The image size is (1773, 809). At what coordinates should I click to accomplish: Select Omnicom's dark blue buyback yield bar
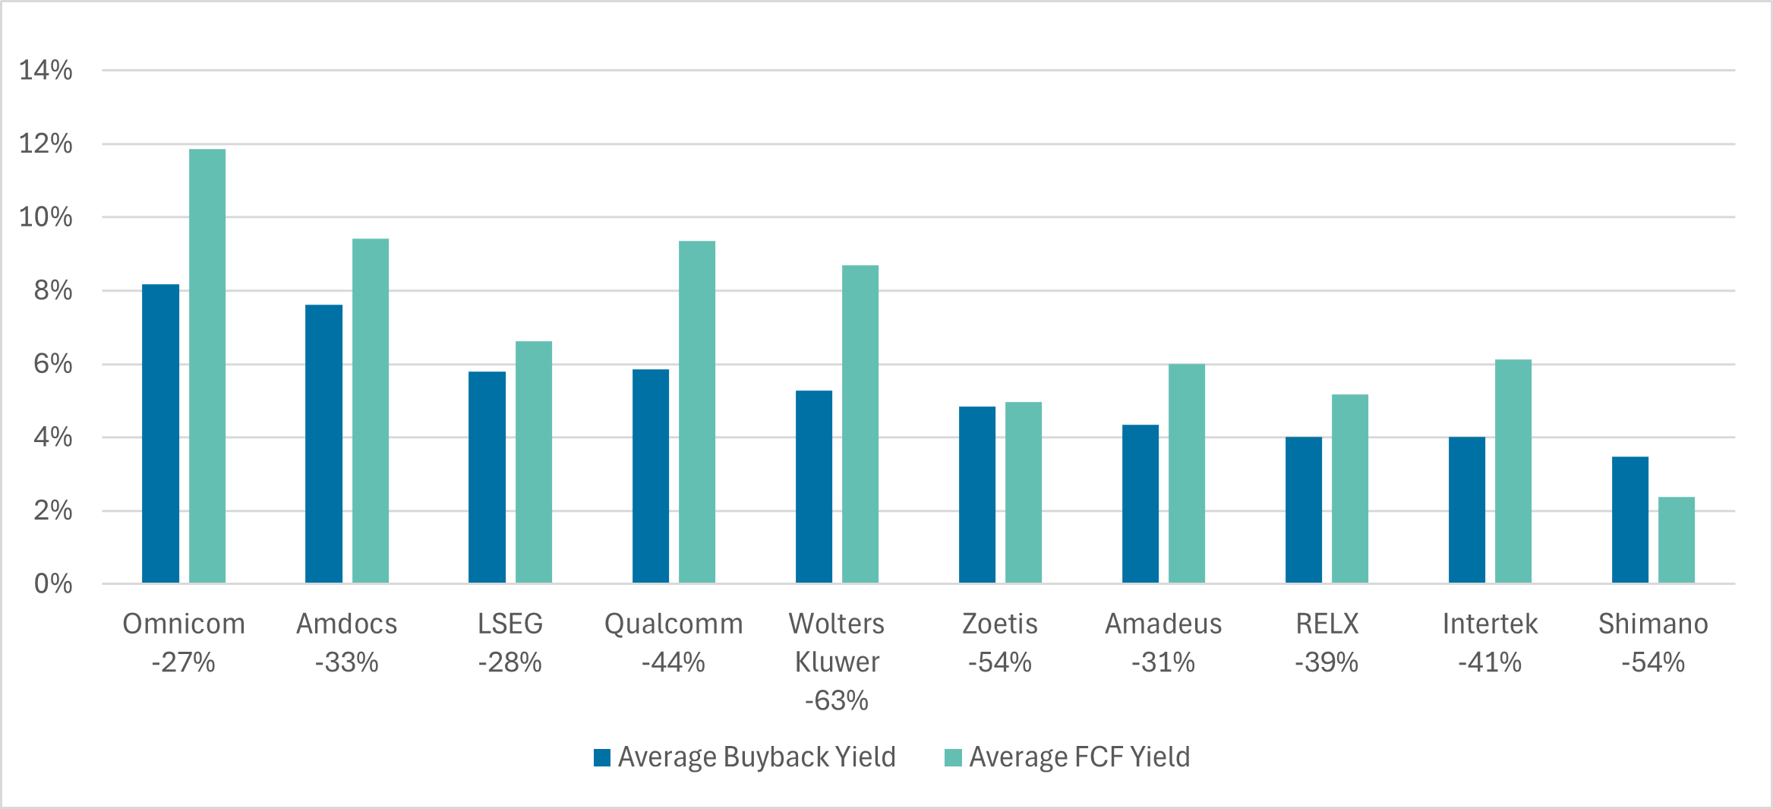tap(160, 434)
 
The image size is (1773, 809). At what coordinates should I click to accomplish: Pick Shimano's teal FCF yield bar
tap(1676, 540)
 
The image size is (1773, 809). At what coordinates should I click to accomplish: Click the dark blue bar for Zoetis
tap(976, 495)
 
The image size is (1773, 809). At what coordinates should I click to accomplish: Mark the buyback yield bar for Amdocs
tap(323, 444)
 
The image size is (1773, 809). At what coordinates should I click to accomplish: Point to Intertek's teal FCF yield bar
tap(1513, 471)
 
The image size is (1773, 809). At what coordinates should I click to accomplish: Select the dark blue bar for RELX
tap(1303, 510)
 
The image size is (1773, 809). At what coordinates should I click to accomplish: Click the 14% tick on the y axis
tap(46, 71)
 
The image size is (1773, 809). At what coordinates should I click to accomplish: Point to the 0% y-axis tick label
tap(53, 584)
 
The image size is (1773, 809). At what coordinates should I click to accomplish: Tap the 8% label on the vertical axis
tap(53, 290)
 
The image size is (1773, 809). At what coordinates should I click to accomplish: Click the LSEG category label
tap(510, 624)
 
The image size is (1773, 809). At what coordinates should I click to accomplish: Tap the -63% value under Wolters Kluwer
tap(836, 700)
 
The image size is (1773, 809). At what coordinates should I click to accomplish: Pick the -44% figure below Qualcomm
tap(673, 662)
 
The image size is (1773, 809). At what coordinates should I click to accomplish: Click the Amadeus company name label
tap(1163, 624)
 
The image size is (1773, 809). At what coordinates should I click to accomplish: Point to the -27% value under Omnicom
tap(183, 662)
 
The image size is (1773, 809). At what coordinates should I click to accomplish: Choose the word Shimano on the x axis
tap(1653, 624)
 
